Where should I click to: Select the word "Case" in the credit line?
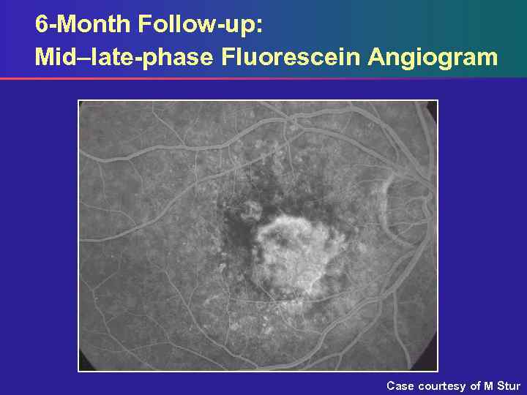point(400,385)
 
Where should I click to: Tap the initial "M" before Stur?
point(489,385)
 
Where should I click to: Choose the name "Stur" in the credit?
point(509,385)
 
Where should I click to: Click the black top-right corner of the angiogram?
point(432,106)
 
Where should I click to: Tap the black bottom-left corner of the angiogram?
point(84,365)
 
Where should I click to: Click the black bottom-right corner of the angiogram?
point(432,365)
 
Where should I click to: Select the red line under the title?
point(220,78)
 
